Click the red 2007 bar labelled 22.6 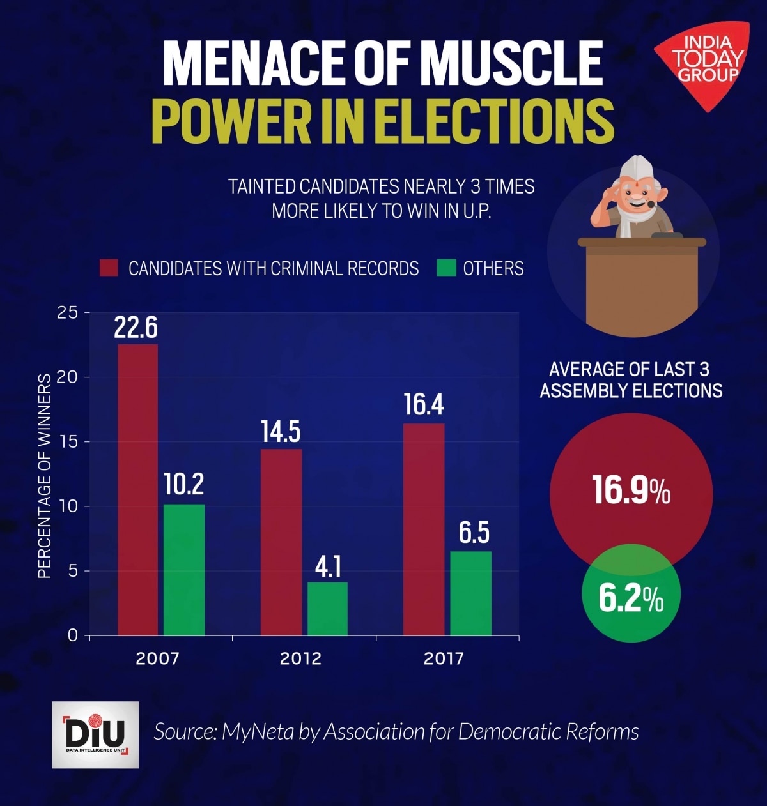tap(137, 489)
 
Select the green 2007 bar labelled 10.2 tap(184, 570)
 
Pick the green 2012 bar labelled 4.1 tap(327, 609)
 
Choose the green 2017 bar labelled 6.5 tap(471, 593)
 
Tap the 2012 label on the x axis tap(300, 658)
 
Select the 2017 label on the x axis tap(444, 658)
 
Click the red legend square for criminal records tap(109, 268)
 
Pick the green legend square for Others tap(446, 268)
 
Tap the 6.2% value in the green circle tap(631, 598)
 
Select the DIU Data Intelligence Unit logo tap(95, 734)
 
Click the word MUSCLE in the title tap(511, 64)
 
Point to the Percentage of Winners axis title tap(44, 476)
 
